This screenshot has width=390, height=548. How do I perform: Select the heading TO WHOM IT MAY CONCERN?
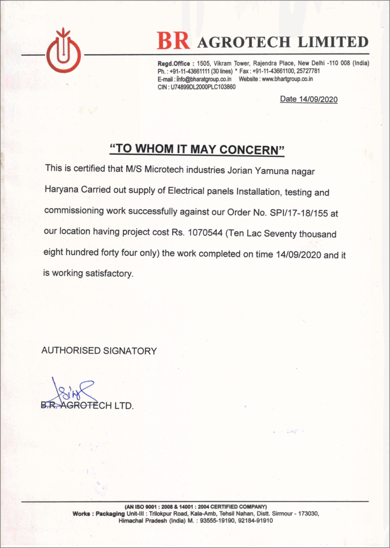pyautogui.click(x=196, y=149)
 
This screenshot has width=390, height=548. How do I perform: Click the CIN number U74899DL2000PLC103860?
pyautogui.click(x=203, y=87)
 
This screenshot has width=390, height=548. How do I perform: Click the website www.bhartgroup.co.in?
pyautogui.click(x=287, y=79)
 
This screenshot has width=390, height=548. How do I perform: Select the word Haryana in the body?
pyautogui.click(x=62, y=191)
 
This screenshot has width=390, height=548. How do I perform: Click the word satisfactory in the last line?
pyautogui.click(x=109, y=273)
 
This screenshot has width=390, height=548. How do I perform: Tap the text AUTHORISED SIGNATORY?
pyautogui.click(x=99, y=351)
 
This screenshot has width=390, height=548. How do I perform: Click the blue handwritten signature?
pyautogui.click(x=72, y=392)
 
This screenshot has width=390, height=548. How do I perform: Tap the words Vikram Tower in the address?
pyautogui.click(x=232, y=63)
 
